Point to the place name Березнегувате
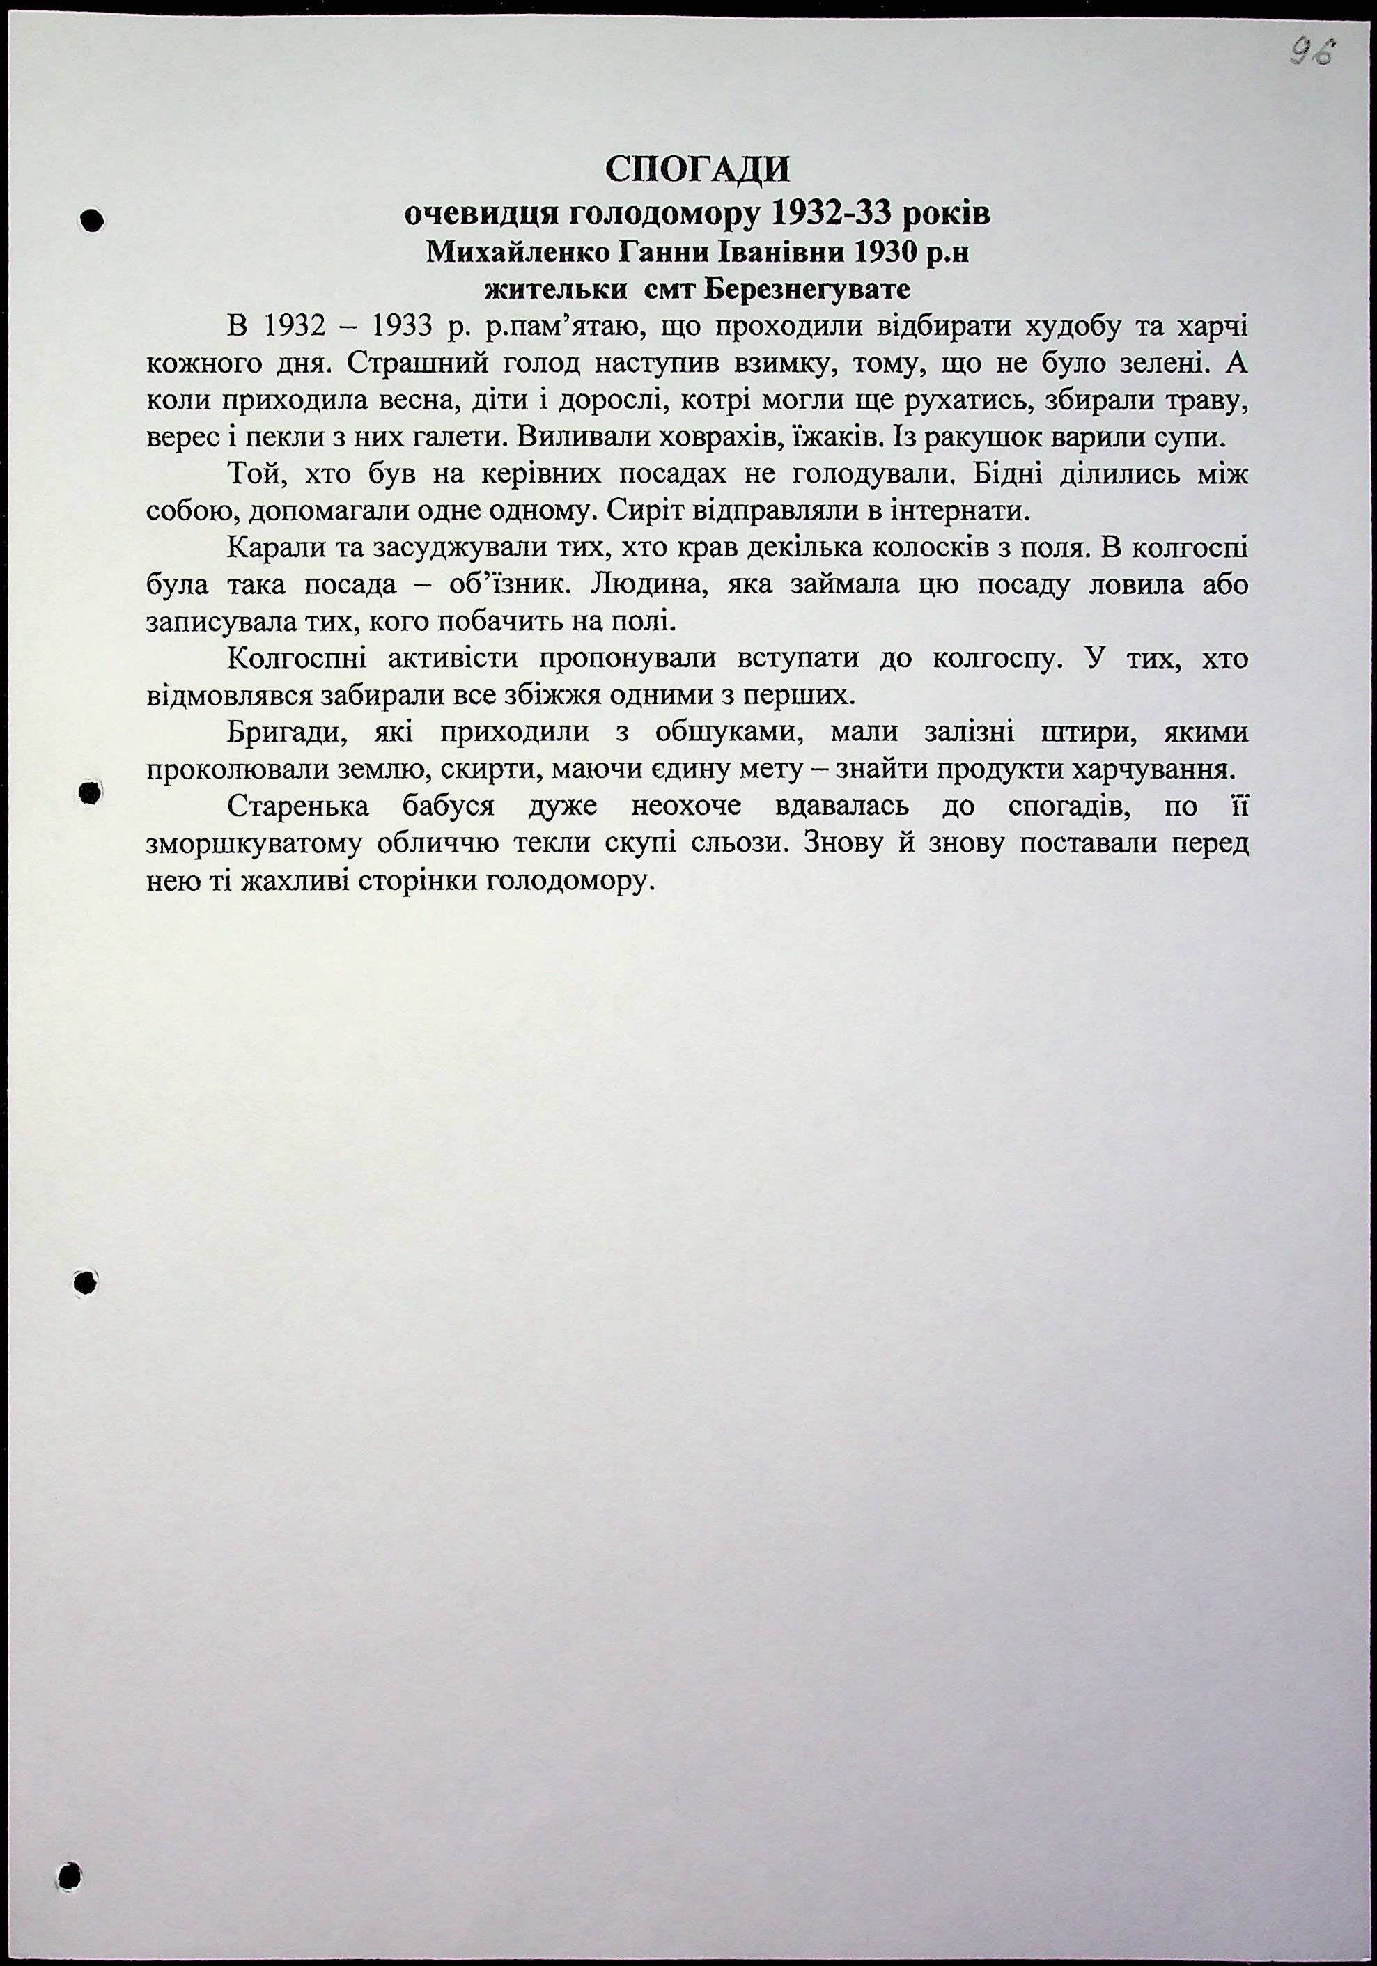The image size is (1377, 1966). click(807, 290)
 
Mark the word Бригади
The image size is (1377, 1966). click(288, 733)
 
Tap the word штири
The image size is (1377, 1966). click(1081, 733)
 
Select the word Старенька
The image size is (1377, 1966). click(299, 806)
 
